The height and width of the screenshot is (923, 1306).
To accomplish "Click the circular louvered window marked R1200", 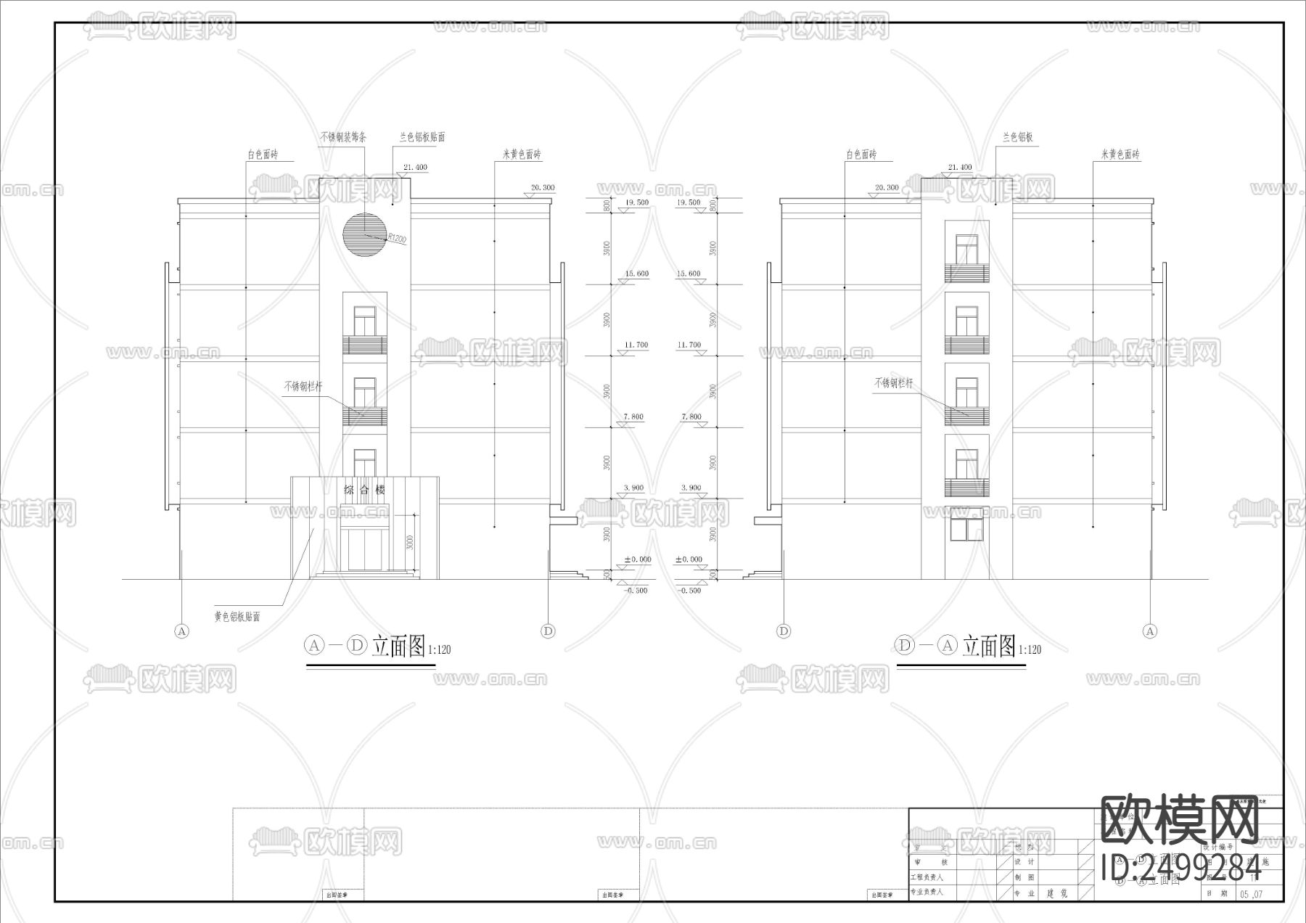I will click(x=364, y=234).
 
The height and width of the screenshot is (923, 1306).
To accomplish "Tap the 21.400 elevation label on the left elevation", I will click(x=415, y=168).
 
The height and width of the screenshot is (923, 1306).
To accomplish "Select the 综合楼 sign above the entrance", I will click(x=365, y=491).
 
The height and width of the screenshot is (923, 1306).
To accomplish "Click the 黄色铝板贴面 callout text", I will click(x=237, y=617).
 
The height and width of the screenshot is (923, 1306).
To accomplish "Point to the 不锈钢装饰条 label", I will click(x=343, y=136).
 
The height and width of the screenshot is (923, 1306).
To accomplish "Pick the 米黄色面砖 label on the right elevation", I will click(x=1120, y=155).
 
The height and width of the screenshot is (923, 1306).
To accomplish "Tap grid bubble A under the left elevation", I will click(x=182, y=631).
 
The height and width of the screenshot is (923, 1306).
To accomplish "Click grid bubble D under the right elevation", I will click(x=784, y=631).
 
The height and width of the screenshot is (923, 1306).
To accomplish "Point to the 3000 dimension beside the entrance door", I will click(x=410, y=543).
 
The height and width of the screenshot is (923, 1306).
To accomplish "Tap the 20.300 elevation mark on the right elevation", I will click(x=887, y=188).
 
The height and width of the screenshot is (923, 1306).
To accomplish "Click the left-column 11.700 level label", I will click(x=636, y=345).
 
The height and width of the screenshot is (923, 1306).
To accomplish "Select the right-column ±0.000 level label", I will click(x=689, y=559).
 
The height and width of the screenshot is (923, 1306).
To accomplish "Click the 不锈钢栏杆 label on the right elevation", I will click(x=893, y=383).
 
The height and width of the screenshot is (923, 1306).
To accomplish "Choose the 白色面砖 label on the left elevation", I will click(x=262, y=155).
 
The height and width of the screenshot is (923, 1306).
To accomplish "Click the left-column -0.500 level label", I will click(x=636, y=591).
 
